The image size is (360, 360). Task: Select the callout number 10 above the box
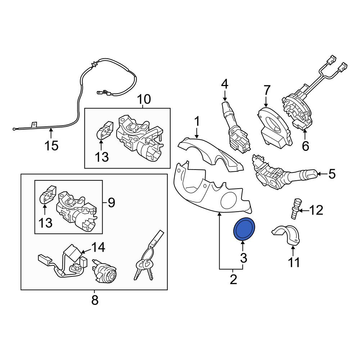pyautogui.click(x=144, y=99)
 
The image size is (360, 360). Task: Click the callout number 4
pyautogui.click(x=225, y=84)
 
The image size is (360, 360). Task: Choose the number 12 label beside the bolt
pyautogui.click(x=316, y=210)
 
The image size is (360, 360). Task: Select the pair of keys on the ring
pyautogui.click(x=149, y=257)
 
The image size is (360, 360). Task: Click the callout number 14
pyautogui.click(x=98, y=247)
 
